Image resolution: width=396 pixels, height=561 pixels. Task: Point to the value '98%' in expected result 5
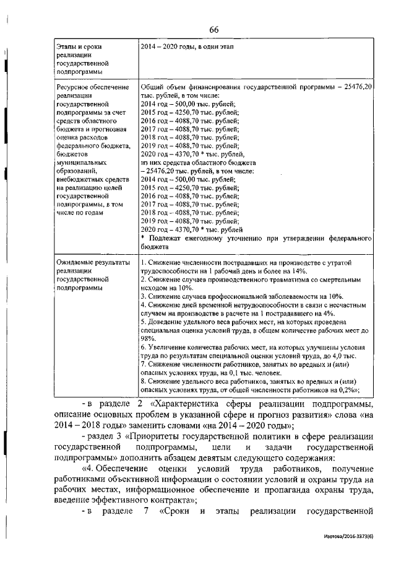pyautogui.click(x=147, y=338)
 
